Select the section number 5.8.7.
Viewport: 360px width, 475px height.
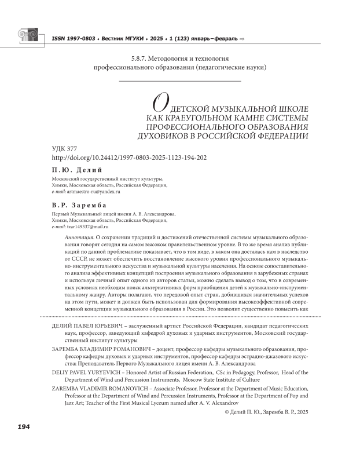click(x=143, y=59)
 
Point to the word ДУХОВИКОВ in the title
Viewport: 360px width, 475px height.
click(x=165, y=137)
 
